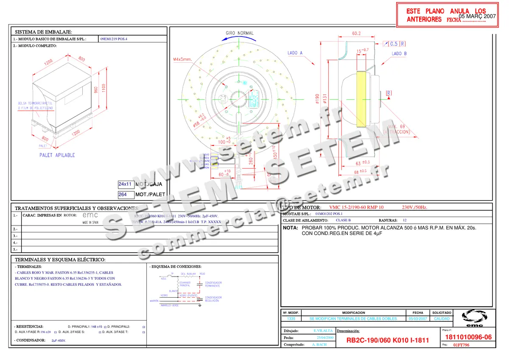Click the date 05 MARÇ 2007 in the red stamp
pos(478,16)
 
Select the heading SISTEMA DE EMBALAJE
pos(44,32)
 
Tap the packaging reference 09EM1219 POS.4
pos(113,39)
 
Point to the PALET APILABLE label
pos(57,155)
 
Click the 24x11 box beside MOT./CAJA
pos(126,184)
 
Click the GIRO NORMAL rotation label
pos(240,33)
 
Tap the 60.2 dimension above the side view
pos(356,33)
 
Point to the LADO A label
pos(295,53)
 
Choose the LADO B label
pos(399,54)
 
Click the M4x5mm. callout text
pos(183,59)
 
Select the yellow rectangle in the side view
pos(361,98)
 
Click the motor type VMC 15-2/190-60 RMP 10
pos(356,207)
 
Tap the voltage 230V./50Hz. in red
pos(414,207)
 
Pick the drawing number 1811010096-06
pos(469,337)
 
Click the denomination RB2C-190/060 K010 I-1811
pos(388,340)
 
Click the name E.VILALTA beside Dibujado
pos(320,330)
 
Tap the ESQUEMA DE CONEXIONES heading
pos(176,267)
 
